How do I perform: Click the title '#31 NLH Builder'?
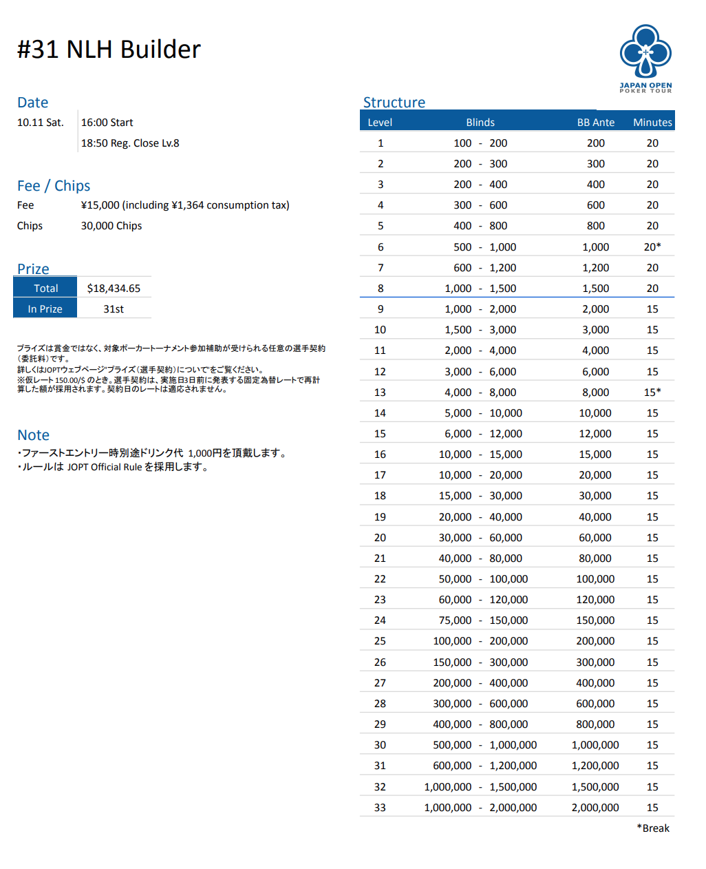pos(109,50)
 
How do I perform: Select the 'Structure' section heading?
pos(394,103)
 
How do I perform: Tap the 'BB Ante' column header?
pos(595,123)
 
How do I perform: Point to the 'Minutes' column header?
pos(652,123)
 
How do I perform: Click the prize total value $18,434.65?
pos(114,289)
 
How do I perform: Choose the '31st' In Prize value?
pos(114,309)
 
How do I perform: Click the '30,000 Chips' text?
pos(111,226)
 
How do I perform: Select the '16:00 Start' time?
pos(107,123)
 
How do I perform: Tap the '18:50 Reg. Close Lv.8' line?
pos(130,143)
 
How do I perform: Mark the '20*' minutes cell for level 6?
pos(652,247)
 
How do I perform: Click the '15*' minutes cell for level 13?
pos(652,392)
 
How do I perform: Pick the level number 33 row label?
pos(380,808)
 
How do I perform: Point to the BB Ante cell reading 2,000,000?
pos(595,808)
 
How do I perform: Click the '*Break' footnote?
pos(652,828)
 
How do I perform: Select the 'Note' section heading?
pos(33,435)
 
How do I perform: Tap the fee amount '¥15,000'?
pos(100,205)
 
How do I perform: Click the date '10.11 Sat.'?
pos(40,123)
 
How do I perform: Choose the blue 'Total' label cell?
pos(45,289)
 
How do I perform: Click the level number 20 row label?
pos(380,538)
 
